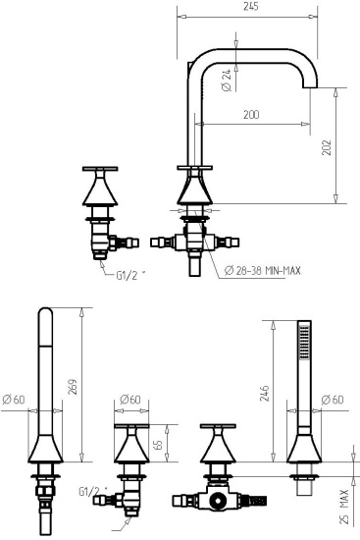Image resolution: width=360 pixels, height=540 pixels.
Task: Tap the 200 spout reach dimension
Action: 251,115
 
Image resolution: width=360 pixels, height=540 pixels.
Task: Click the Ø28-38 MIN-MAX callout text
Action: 264,271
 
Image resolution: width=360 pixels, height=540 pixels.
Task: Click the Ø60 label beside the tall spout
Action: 14,400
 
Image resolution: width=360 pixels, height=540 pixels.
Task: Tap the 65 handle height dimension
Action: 158,444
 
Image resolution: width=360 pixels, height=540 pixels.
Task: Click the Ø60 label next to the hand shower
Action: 334,400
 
